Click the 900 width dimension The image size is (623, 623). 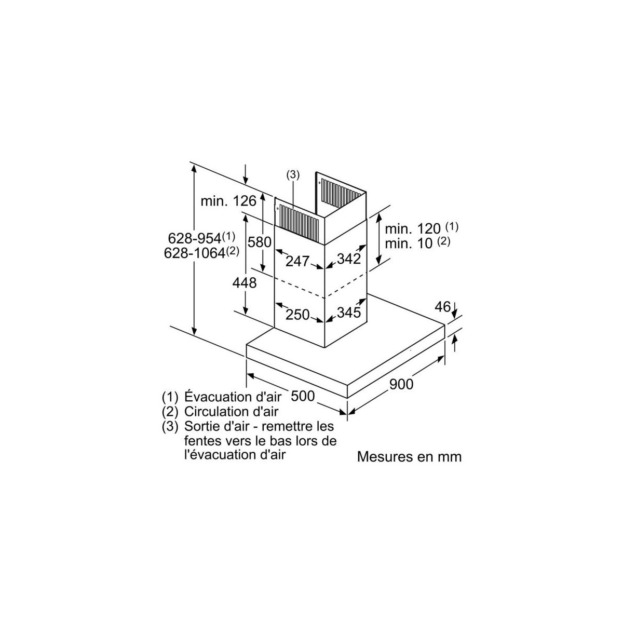[401, 384]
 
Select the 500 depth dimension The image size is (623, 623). [303, 396]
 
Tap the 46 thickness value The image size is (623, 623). [443, 307]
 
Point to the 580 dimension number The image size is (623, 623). [259, 242]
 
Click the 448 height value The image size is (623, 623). [245, 283]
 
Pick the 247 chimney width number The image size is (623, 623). [298, 261]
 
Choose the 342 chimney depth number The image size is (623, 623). [349, 259]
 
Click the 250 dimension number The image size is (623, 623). [298, 315]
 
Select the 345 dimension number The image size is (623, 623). [349, 313]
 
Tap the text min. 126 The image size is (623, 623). [228, 201]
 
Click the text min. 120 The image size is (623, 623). [413, 229]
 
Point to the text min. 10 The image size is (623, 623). [409, 243]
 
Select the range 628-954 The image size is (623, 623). [195, 238]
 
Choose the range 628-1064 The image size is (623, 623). [195, 253]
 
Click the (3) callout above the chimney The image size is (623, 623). [293, 175]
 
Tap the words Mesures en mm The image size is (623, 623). [409, 457]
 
